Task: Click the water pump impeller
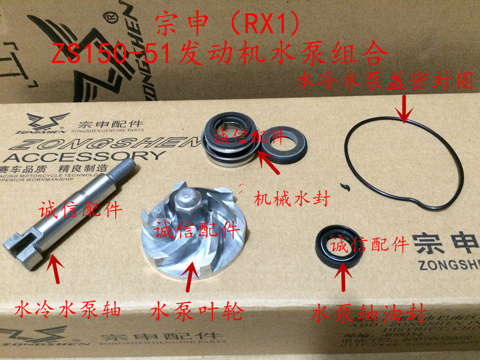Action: click(186, 240)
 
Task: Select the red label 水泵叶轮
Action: click(196, 312)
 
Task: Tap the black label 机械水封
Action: click(292, 198)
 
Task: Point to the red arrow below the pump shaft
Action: click(55, 270)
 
